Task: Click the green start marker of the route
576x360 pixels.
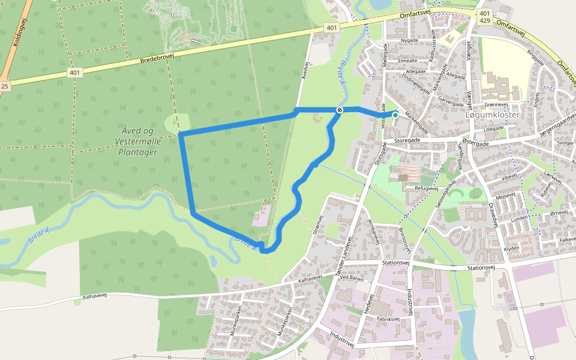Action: pyautogui.click(x=395, y=115)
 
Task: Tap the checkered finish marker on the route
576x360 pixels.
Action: pyautogui.click(x=340, y=110)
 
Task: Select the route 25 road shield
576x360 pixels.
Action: pyautogui.click(x=5, y=86)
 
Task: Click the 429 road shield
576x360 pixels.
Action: pyautogui.click(x=484, y=21)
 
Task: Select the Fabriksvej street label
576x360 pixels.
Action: pyautogui.click(x=389, y=320)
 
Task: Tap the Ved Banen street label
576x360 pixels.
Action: pyautogui.click(x=352, y=277)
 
